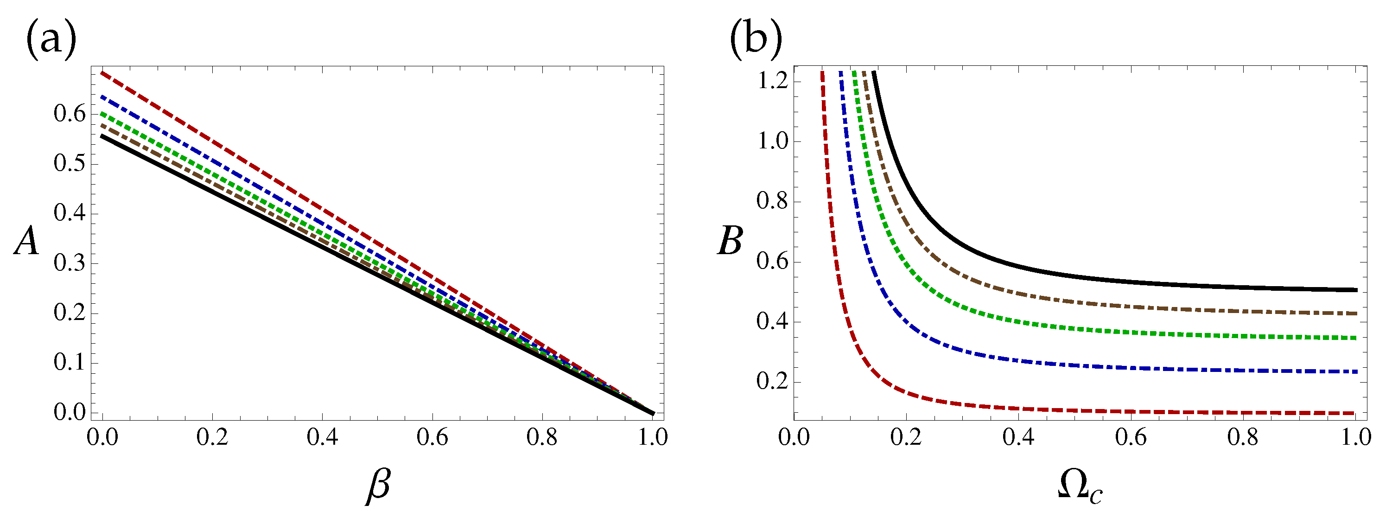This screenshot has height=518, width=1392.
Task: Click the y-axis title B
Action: click(730, 241)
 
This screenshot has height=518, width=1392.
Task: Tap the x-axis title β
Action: click(378, 486)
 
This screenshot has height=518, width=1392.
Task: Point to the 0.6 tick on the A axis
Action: click(70, 114)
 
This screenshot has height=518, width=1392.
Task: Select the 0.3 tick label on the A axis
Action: click(70, 263)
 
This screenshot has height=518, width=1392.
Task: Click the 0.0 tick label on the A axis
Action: click(70, 413)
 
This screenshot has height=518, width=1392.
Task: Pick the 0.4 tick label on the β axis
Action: click(322, 437)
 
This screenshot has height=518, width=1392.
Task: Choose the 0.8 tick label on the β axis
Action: click(542, 437)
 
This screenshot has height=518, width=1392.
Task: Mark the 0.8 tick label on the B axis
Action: click(773, 201)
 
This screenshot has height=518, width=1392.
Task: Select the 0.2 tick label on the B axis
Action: click(773, 382)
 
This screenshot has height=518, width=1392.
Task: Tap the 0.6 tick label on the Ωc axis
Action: click(1131, 437)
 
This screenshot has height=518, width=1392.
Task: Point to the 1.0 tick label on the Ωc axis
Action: click(1356, 437)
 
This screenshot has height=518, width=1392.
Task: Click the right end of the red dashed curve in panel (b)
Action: click(1356, 413)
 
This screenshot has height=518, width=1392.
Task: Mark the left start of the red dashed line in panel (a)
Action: click(102, 72)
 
